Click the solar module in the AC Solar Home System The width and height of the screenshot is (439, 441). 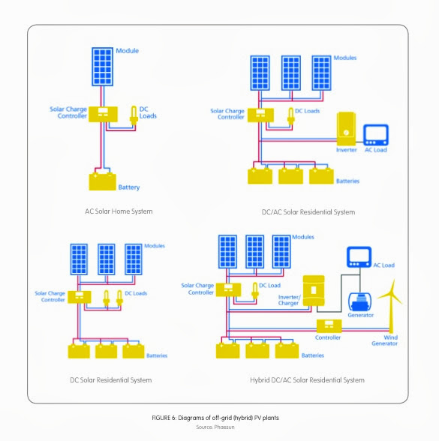coord(102,67)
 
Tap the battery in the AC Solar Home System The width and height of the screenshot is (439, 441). coord(102,181)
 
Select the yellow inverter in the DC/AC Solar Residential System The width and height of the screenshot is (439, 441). coord(346,128)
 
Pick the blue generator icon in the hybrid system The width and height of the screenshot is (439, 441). coord(359,302)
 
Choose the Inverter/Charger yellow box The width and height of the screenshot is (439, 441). coord(314,291)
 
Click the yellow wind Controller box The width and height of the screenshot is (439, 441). coord(329,326)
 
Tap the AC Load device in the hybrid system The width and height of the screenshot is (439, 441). coord(359,257)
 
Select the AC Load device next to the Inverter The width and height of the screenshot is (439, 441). coord(376,135)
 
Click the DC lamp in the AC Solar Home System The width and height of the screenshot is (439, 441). coord(134,115)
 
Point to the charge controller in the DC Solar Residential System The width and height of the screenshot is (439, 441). coord(80,297)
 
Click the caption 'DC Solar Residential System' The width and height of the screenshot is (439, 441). coord(111,380)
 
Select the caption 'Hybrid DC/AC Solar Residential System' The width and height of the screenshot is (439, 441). coord(308,380)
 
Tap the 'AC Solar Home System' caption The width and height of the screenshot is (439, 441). coord(119,211)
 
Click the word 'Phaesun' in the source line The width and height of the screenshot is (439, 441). coord(224,427)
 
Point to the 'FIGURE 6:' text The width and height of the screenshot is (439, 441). coord(164,418)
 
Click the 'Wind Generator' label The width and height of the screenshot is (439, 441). coord(385,340)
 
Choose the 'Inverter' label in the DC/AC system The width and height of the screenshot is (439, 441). coord(347,150)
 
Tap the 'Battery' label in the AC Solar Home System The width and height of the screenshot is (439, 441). coord(129,187)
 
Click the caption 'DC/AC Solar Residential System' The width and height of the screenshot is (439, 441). coord(308,212)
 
